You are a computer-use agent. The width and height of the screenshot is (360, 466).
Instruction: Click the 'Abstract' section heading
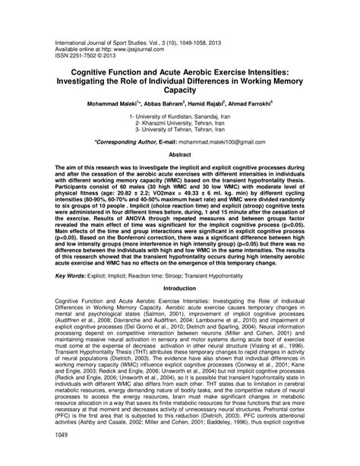click(x=180, y=154)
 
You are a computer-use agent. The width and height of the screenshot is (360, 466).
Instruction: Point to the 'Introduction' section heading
click(x=180, y=310)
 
